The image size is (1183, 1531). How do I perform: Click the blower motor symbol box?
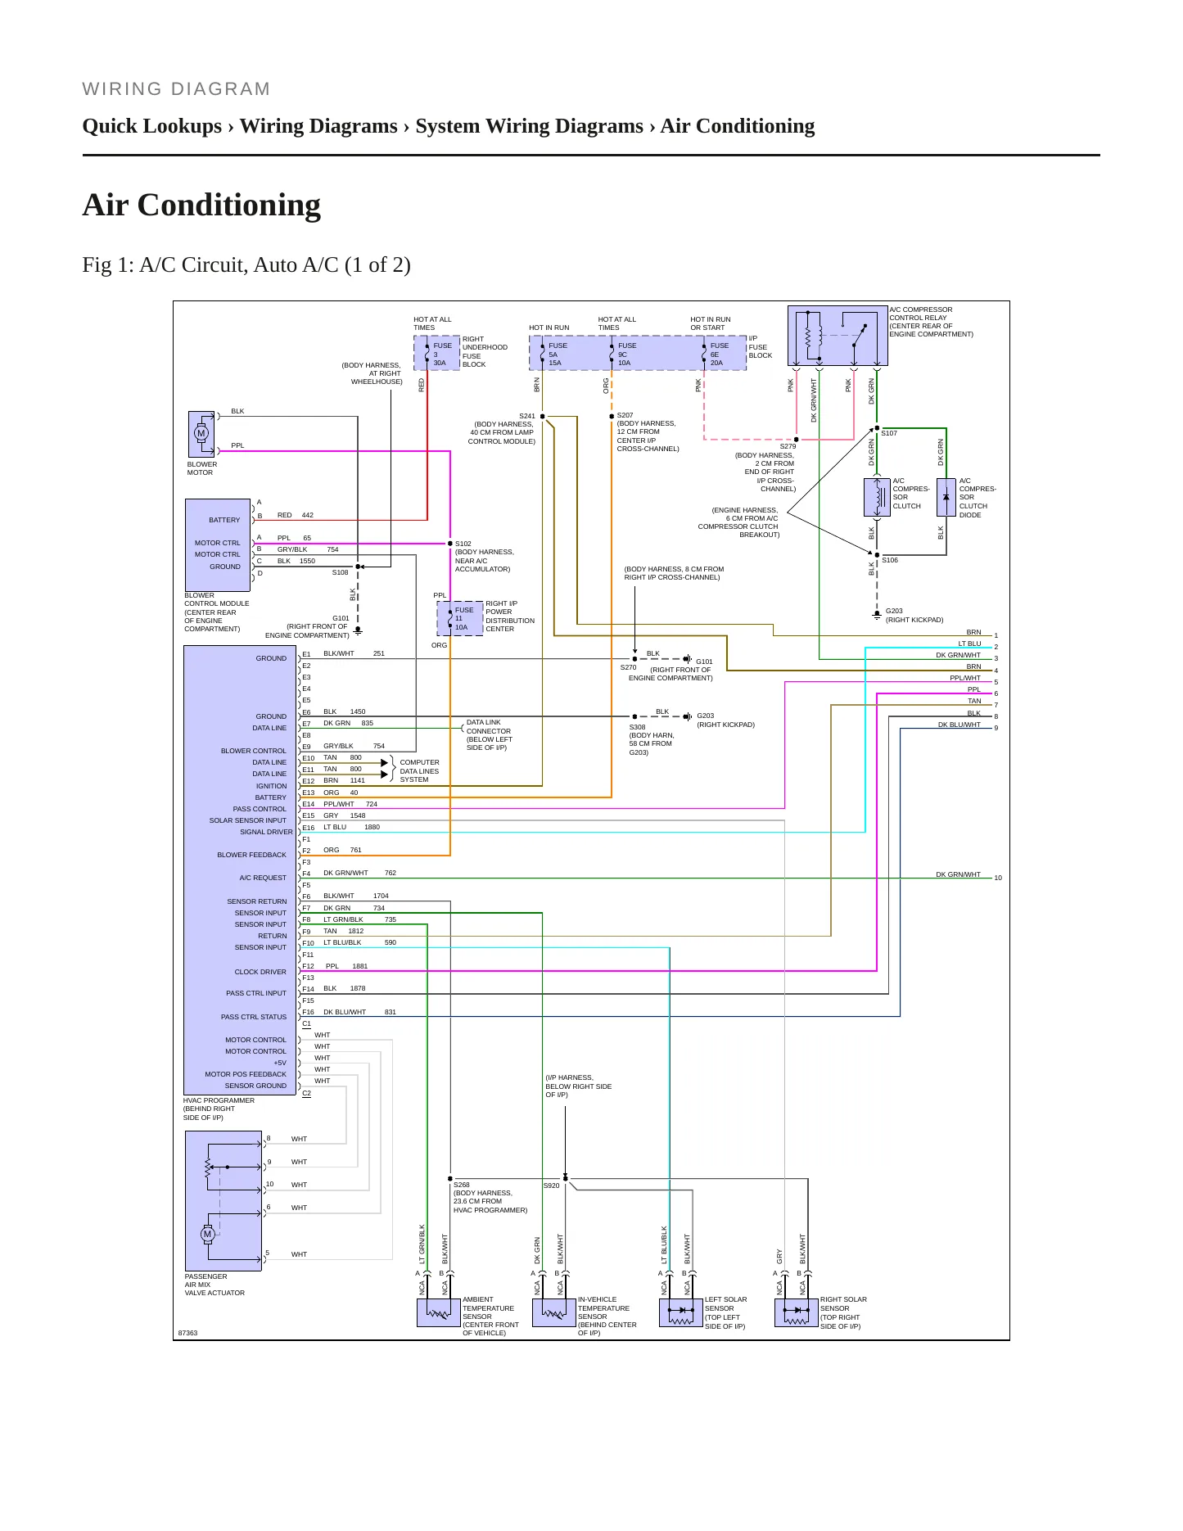click(201, 433)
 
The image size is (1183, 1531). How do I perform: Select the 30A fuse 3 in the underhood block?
click(436, 354)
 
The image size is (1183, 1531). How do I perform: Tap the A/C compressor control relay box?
click(838, 336)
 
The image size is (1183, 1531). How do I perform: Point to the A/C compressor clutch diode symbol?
click(946, 497)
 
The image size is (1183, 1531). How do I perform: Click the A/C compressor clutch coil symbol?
click(877, 497)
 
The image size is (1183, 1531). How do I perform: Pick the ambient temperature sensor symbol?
click(439, 1312)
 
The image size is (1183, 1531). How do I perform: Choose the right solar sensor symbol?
click(797, 1312)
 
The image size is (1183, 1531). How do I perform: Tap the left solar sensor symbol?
click(681, 1312)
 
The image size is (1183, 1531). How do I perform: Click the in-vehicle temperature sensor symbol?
click(554, 1312)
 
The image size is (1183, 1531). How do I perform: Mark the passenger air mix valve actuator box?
click(224, 1201)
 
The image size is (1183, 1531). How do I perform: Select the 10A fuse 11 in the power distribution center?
click(459, 619)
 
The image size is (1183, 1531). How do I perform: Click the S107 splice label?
click(889, 433)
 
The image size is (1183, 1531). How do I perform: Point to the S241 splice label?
click(527, 416)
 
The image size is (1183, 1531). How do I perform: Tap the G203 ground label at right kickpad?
click(894, 611)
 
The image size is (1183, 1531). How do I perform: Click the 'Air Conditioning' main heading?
click(201, 205)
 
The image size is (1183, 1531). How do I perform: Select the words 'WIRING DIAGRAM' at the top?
click(176, 88)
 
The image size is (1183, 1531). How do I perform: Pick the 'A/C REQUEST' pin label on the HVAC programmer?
click(263, 878)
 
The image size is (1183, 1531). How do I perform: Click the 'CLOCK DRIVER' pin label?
click(260, 972)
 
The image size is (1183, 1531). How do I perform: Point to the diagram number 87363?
click(187, 1333)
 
